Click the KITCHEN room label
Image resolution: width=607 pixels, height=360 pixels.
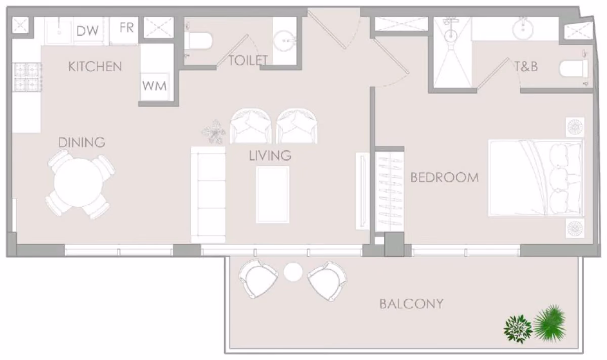[x=95, y=67]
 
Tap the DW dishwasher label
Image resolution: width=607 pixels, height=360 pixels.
[x=88, y=31]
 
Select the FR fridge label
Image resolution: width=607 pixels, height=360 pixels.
[x=127, y=28]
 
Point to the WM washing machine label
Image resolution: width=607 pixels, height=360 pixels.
[x=154, y=86]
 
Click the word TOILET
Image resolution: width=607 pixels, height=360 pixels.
[x=248, y=60]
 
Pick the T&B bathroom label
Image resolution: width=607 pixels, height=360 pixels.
[x=526, y=67]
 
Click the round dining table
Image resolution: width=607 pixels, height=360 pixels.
[x=78, y=183]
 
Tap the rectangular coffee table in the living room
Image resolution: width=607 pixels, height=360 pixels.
[x=273, y=195]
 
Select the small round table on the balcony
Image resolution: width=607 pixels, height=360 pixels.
[x=293, y=272]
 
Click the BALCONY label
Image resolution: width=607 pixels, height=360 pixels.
[x=411, y=304]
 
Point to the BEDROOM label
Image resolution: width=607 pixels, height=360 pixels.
[x=445, y=177]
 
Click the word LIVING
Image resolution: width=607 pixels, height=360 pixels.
[x=270, y=156]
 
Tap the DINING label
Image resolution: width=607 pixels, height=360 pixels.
[x=82, y=143]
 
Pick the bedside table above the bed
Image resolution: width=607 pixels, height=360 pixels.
[x=575, y=127]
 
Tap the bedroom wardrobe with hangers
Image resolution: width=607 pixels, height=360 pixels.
[x=389, y=191]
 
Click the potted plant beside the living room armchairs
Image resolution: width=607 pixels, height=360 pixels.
[x=214, y=132]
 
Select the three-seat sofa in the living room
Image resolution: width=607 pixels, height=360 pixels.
[x=208, y=195]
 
